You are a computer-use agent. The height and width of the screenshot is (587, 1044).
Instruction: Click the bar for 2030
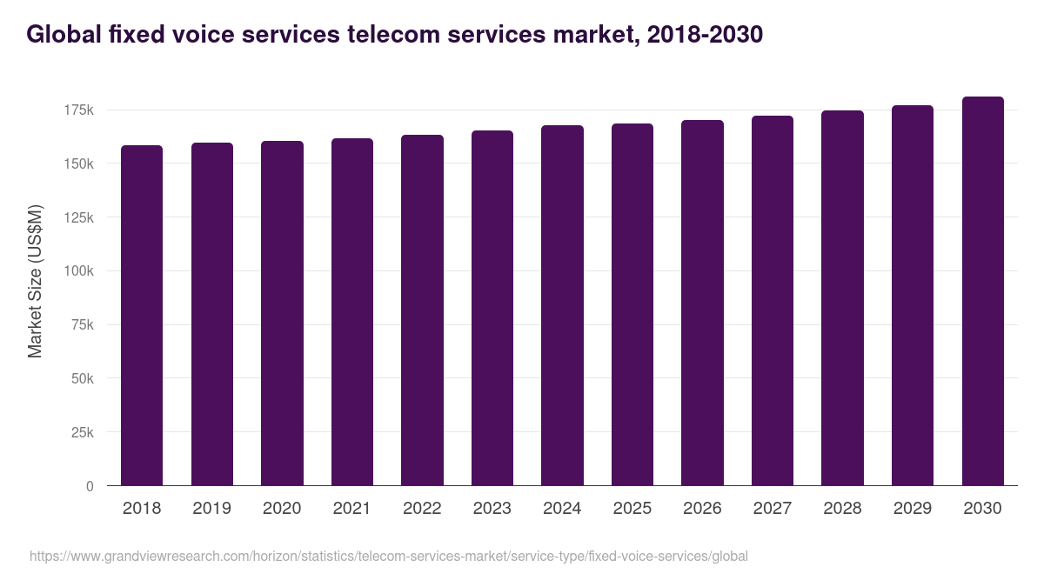(982, 291)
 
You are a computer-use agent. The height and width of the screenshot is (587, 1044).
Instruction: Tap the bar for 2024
(562, 305)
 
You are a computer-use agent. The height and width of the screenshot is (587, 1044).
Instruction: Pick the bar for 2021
(352, 311)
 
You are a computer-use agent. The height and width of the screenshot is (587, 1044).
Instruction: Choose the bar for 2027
(773, 301)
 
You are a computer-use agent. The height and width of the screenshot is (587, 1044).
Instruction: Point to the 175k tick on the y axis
(78, 110)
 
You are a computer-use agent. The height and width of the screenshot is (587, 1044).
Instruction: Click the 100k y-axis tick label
(78, 271)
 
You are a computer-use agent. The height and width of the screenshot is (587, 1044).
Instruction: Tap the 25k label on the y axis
(81, 432)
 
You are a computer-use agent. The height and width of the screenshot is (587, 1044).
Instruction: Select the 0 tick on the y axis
(90, 486)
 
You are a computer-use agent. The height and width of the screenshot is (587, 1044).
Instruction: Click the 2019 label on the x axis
(211, 509)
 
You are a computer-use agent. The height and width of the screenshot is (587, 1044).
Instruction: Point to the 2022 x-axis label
(422, 509)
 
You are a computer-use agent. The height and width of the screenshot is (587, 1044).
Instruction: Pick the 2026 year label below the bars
(702, 509)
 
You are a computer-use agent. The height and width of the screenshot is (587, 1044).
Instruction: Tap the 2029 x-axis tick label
(913, 509)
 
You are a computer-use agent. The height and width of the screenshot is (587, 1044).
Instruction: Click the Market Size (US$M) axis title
(35, 281)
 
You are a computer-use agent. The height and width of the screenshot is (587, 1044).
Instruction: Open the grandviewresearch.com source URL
(388, 556)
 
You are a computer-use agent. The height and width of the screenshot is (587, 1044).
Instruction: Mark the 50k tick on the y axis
(81, 378)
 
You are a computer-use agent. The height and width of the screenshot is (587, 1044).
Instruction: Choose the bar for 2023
(492, 308)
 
